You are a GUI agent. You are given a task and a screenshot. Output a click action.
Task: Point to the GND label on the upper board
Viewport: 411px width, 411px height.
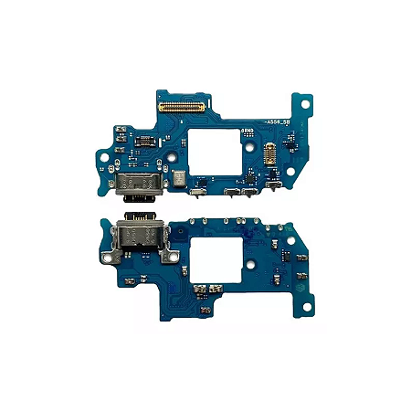[x=247, y=132]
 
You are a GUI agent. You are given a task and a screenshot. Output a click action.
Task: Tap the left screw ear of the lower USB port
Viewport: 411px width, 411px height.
[x=107, y=258]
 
